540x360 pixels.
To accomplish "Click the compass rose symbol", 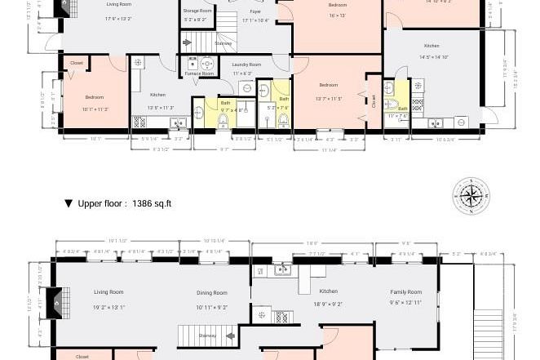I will (471, 196).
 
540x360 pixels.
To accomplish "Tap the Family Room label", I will (405, 291).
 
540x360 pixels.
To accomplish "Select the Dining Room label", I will (211, 293).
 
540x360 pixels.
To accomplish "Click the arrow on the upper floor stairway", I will (230, 336).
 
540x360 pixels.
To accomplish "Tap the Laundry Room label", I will (246, 64).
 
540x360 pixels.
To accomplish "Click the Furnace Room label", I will (199, 73).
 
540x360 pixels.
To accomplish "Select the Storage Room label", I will (197, 11).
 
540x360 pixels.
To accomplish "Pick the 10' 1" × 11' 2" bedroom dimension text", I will (95, 109).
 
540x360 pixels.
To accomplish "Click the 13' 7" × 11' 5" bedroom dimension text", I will (328, 99).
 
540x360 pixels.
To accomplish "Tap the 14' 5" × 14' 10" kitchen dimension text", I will (434, 57).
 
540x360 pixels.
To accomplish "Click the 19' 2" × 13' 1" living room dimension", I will (108, 308).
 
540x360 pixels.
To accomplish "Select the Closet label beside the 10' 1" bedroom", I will (76, 63).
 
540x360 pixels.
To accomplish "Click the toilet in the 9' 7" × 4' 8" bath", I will (222, 120).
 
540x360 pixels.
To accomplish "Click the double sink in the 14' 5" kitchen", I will (436, 123).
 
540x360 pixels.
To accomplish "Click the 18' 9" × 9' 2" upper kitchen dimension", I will (328, 304).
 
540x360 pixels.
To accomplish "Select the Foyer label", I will (255, 12).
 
